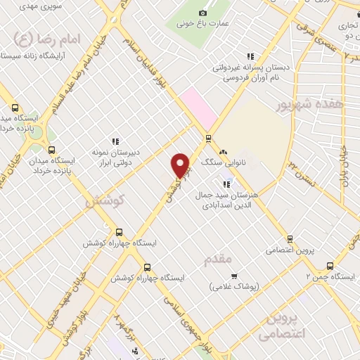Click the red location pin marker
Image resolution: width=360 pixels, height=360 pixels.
click(181, 166)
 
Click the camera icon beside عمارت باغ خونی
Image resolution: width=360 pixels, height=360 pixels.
click(203, 13)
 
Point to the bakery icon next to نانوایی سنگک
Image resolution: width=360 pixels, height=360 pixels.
click(224, 152)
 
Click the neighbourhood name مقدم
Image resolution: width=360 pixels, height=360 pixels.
click(218, 261)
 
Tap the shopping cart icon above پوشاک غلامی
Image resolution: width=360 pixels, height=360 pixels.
click(234, 276)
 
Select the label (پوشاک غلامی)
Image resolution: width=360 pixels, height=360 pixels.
click(234, 287)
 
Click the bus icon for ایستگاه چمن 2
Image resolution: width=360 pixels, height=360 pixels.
click(330, 265)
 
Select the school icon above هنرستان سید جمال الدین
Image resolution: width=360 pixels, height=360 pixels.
click(226, 184)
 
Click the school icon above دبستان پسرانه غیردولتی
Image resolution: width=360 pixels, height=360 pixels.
click(250, 57)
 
